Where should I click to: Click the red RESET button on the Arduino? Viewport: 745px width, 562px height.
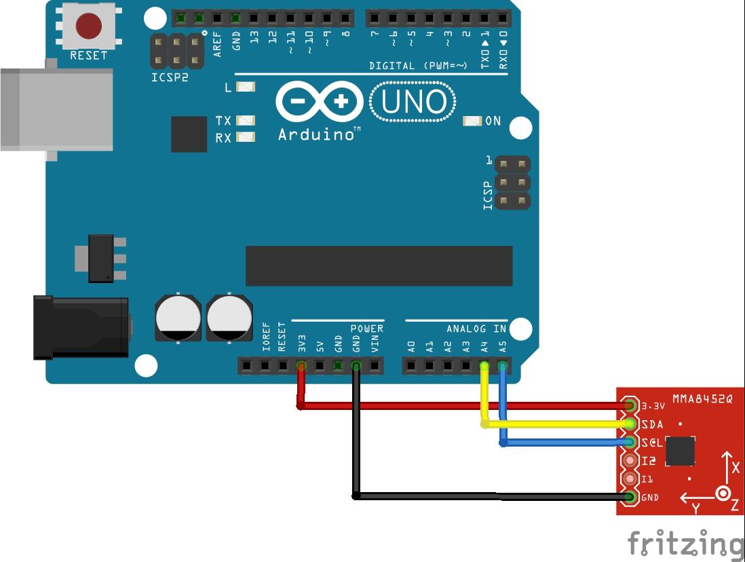[x=88, y=26]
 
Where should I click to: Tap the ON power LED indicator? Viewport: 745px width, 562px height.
[x=472, y=121]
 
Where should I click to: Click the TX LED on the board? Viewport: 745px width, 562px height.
[x=246, y=120]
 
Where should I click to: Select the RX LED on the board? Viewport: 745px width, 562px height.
[x=246, y=137]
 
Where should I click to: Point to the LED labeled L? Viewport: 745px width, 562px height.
[x=246, y=87]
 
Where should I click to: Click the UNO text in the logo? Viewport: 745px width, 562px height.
[x=413, y=102]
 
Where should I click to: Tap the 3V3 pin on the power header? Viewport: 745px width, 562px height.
[x=301, y=367]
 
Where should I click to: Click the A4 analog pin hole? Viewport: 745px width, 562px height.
[x=484, y=367]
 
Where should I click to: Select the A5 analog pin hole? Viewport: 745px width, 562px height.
[x=502, y=367]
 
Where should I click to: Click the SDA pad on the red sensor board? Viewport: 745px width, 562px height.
[x=630, y=424]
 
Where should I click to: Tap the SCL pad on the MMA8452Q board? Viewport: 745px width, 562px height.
[x=630, y=443]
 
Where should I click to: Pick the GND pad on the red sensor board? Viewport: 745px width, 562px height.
[x=630, y=497]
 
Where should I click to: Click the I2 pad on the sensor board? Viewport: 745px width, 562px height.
[x=630, y=461]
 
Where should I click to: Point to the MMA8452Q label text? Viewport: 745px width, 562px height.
[x=702, y=398]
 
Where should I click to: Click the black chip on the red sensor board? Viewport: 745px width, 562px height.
[x=680, y=451]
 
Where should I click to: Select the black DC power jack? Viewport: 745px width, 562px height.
[x=81, y=327]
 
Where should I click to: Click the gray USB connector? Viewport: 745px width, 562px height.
[x=56, y=109]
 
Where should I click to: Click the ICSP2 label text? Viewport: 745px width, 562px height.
[x=170, y=77]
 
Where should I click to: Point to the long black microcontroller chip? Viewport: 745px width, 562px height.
[x=379, y=266]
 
